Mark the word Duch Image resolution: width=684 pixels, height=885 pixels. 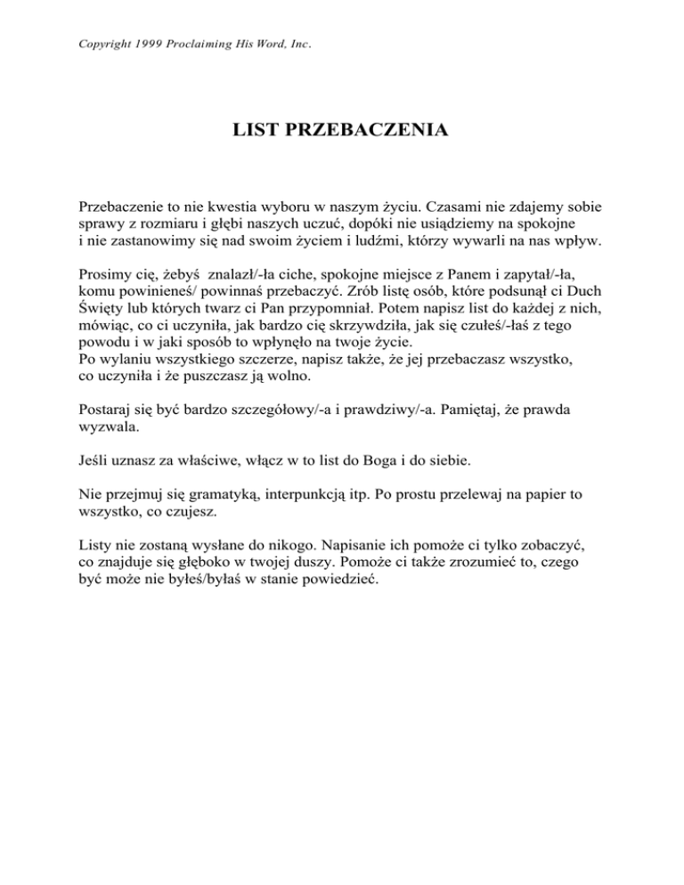pos(585,297)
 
